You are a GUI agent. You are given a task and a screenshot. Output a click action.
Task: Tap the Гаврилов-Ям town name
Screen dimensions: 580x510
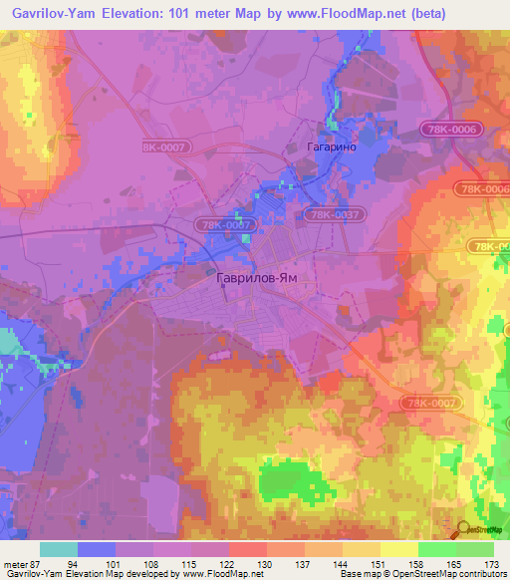point(257,281)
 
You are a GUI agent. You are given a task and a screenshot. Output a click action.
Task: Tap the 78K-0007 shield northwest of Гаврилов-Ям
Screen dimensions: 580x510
point(228,226)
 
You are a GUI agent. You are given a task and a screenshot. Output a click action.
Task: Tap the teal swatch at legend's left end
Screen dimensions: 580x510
point(58,549)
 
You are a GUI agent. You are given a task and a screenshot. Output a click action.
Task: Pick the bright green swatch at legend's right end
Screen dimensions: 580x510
point(474,549)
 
